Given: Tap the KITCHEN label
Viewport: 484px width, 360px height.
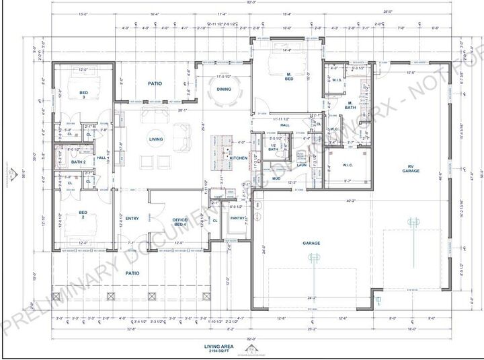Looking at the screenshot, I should pos(239,158).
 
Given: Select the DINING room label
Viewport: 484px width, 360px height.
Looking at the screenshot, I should pos(224,89).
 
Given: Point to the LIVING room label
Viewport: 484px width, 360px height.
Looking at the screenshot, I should pos(156,139).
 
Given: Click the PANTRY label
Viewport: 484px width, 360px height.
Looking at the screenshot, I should pos(237,218).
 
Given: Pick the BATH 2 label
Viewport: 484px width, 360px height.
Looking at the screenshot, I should pos(78,161).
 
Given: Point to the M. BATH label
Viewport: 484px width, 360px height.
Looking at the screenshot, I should pos(350,105).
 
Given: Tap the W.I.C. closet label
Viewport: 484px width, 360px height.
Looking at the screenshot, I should pos(347,165).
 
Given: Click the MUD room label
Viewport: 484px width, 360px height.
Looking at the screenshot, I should pos(276,179).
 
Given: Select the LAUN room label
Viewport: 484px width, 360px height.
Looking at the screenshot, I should pos(302,164).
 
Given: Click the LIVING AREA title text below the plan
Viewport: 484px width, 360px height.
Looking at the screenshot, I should pos(218,346).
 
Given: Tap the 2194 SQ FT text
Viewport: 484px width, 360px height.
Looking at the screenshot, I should pos(218,351).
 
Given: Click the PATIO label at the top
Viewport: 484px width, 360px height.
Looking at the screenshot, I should pos(155,83).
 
